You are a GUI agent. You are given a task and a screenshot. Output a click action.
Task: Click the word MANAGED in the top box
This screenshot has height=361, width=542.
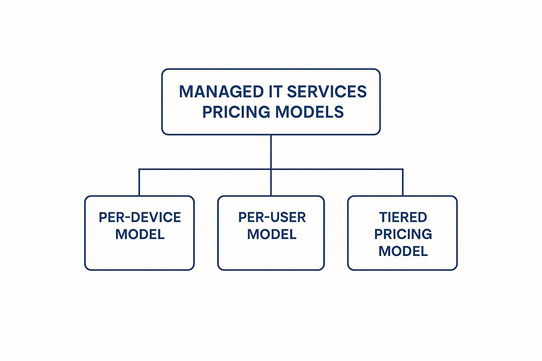pos(221,92)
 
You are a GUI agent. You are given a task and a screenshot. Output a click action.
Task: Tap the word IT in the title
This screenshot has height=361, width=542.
pos(276,92)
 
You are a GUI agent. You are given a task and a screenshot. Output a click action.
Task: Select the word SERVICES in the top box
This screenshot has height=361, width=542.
pos(327,92)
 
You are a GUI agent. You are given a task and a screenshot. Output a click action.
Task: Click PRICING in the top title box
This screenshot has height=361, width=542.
pos(236,112)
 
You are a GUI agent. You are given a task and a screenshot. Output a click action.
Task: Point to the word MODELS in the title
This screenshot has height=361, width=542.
pos(309,112)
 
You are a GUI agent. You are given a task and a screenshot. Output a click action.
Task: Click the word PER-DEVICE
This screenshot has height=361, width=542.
pos(140,217)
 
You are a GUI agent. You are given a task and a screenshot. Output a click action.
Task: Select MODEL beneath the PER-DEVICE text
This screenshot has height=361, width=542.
pos(140,234)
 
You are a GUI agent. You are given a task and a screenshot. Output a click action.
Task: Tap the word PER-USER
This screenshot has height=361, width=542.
pos(272,217)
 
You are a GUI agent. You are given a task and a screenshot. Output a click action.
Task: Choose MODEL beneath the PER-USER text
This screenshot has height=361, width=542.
pos(272,234)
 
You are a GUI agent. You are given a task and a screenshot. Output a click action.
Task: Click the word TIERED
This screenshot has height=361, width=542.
pos(403,217)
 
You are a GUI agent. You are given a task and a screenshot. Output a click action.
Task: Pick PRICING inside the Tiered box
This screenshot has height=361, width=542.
pos(403,234)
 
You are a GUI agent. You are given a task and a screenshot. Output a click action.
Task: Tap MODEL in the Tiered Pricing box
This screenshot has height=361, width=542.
pos(403,251)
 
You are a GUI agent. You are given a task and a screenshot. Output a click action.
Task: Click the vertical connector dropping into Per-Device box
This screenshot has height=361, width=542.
pos(139,182)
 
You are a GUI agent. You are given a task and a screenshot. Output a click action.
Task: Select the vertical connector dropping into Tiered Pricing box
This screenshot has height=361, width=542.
pos(403,182)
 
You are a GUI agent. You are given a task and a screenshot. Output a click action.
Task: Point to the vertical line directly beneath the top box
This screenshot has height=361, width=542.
pos(271,152)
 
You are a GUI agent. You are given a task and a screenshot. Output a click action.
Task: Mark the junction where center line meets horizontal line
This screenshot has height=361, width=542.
pos(271,169)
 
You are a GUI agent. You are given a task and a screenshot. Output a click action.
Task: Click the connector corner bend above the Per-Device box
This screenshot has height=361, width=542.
pos(139,169)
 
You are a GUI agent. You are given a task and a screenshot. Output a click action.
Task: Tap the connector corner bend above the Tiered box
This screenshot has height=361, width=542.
pos(403,169)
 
